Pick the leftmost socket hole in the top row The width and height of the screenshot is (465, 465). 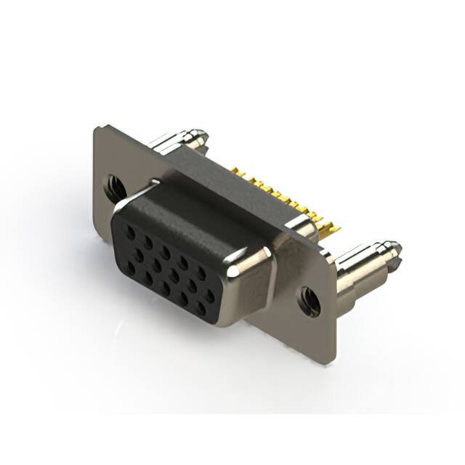click(129, 232)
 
